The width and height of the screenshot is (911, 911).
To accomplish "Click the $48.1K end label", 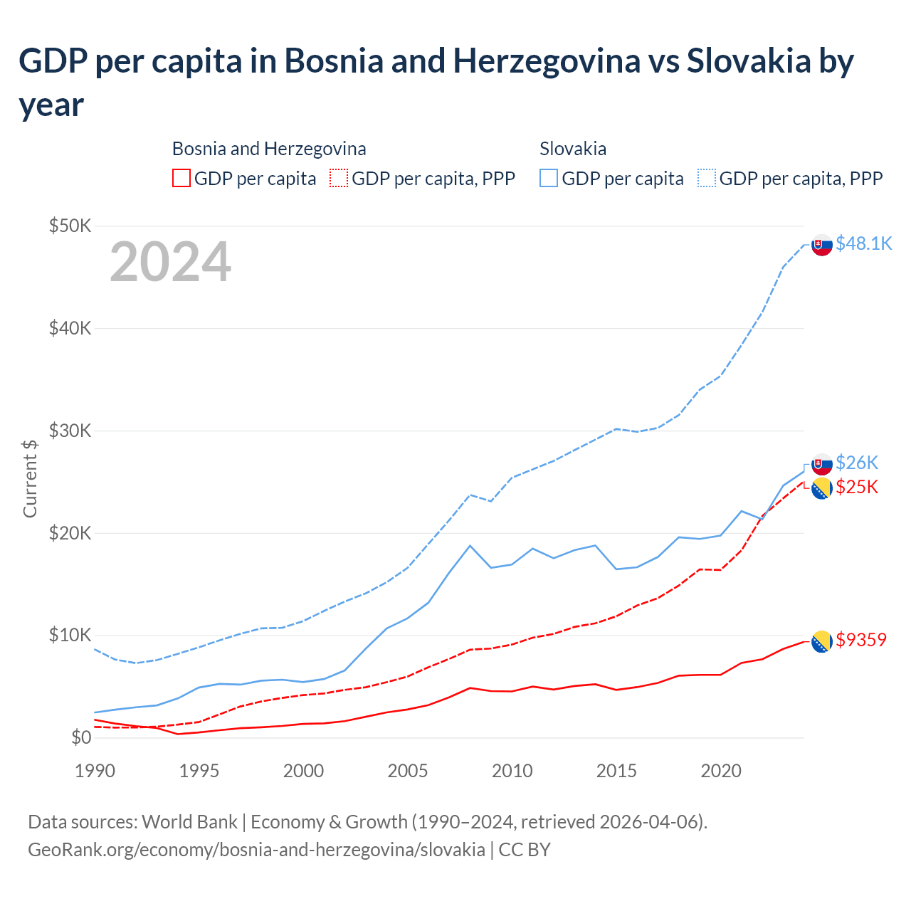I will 863,243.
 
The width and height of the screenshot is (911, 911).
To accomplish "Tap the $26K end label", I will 857,463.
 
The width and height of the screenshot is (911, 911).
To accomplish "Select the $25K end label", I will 857,487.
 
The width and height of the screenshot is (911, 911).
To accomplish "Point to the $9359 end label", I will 861,640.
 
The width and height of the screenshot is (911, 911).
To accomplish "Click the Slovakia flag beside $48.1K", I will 822,244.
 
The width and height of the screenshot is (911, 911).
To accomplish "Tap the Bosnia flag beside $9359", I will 822,641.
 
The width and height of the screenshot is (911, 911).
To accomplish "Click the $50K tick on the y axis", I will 70,226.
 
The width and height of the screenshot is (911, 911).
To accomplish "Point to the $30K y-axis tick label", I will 70,431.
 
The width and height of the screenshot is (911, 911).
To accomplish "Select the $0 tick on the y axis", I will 81,737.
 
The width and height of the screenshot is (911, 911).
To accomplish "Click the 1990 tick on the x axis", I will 95,771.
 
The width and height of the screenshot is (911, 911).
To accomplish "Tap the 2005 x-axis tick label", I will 408,771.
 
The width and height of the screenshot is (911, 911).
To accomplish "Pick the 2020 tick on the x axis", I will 721,771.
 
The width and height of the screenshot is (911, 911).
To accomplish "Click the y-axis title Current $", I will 30,478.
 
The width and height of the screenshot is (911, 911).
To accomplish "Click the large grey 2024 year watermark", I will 170,262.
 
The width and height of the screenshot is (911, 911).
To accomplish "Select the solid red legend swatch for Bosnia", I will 181,178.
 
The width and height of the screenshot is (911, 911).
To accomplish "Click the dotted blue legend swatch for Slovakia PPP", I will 707,178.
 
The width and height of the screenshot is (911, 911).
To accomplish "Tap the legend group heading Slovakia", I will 573,149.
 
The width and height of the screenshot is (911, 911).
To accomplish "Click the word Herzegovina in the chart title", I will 547,61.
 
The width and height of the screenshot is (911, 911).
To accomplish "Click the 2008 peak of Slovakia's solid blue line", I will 470,545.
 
